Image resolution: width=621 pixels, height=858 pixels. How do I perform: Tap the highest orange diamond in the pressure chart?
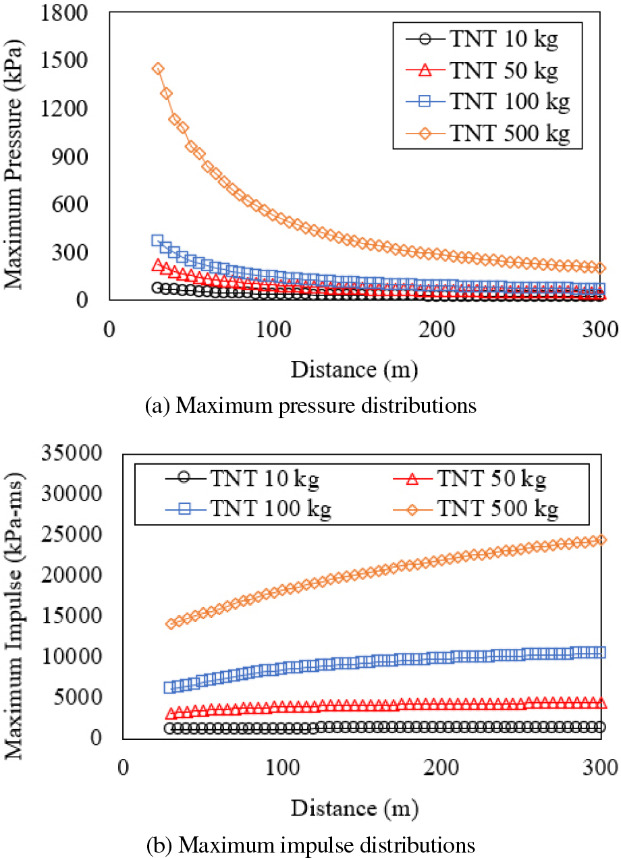[158, 69]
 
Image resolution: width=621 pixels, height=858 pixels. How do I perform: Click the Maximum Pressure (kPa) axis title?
[15, 156]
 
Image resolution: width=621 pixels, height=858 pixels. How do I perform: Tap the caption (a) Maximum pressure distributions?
[311, 405]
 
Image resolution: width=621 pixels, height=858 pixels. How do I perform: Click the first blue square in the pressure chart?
[158, 240]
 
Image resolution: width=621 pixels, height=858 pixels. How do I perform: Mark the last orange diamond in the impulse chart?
[600, 540]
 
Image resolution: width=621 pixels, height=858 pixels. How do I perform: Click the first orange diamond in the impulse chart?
[171, 623]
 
